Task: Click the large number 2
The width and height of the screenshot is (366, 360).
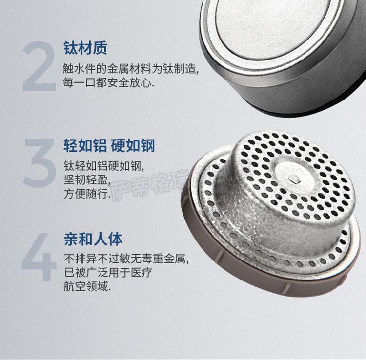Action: tap(39, 66)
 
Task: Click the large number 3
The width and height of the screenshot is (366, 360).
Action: tap(39, 162)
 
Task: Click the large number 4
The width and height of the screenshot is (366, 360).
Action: tap(39, 257)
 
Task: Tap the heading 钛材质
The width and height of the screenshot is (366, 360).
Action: tap(85, 48)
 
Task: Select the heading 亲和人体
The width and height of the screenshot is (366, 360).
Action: tap(93, 239)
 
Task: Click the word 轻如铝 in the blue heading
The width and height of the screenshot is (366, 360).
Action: tap(85, 145)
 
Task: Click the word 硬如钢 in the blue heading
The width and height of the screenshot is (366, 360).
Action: tap(133, 145)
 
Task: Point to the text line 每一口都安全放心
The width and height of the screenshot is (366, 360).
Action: tap(108, 82)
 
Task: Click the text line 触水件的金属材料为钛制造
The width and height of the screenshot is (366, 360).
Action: tap(131, 69)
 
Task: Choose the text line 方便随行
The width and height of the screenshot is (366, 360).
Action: tap(87, 194)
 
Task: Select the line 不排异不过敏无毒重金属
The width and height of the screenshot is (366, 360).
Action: tap(126, 259)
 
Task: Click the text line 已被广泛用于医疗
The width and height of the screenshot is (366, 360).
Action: tap(108, 273)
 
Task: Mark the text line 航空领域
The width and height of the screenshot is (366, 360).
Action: tap(87, 286)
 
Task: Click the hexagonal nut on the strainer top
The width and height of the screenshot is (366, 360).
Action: tap(294, 179)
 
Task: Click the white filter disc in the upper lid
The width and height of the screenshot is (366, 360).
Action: tap(271, 26)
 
